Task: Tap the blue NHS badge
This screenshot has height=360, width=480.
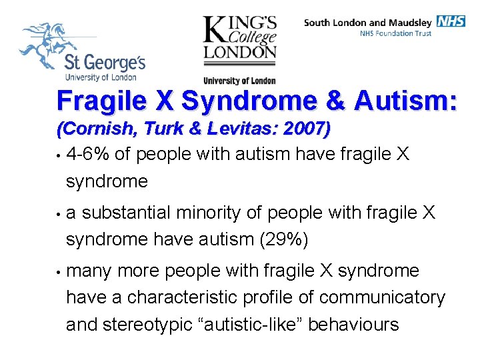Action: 451,21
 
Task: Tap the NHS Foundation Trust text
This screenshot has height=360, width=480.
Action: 395,33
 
